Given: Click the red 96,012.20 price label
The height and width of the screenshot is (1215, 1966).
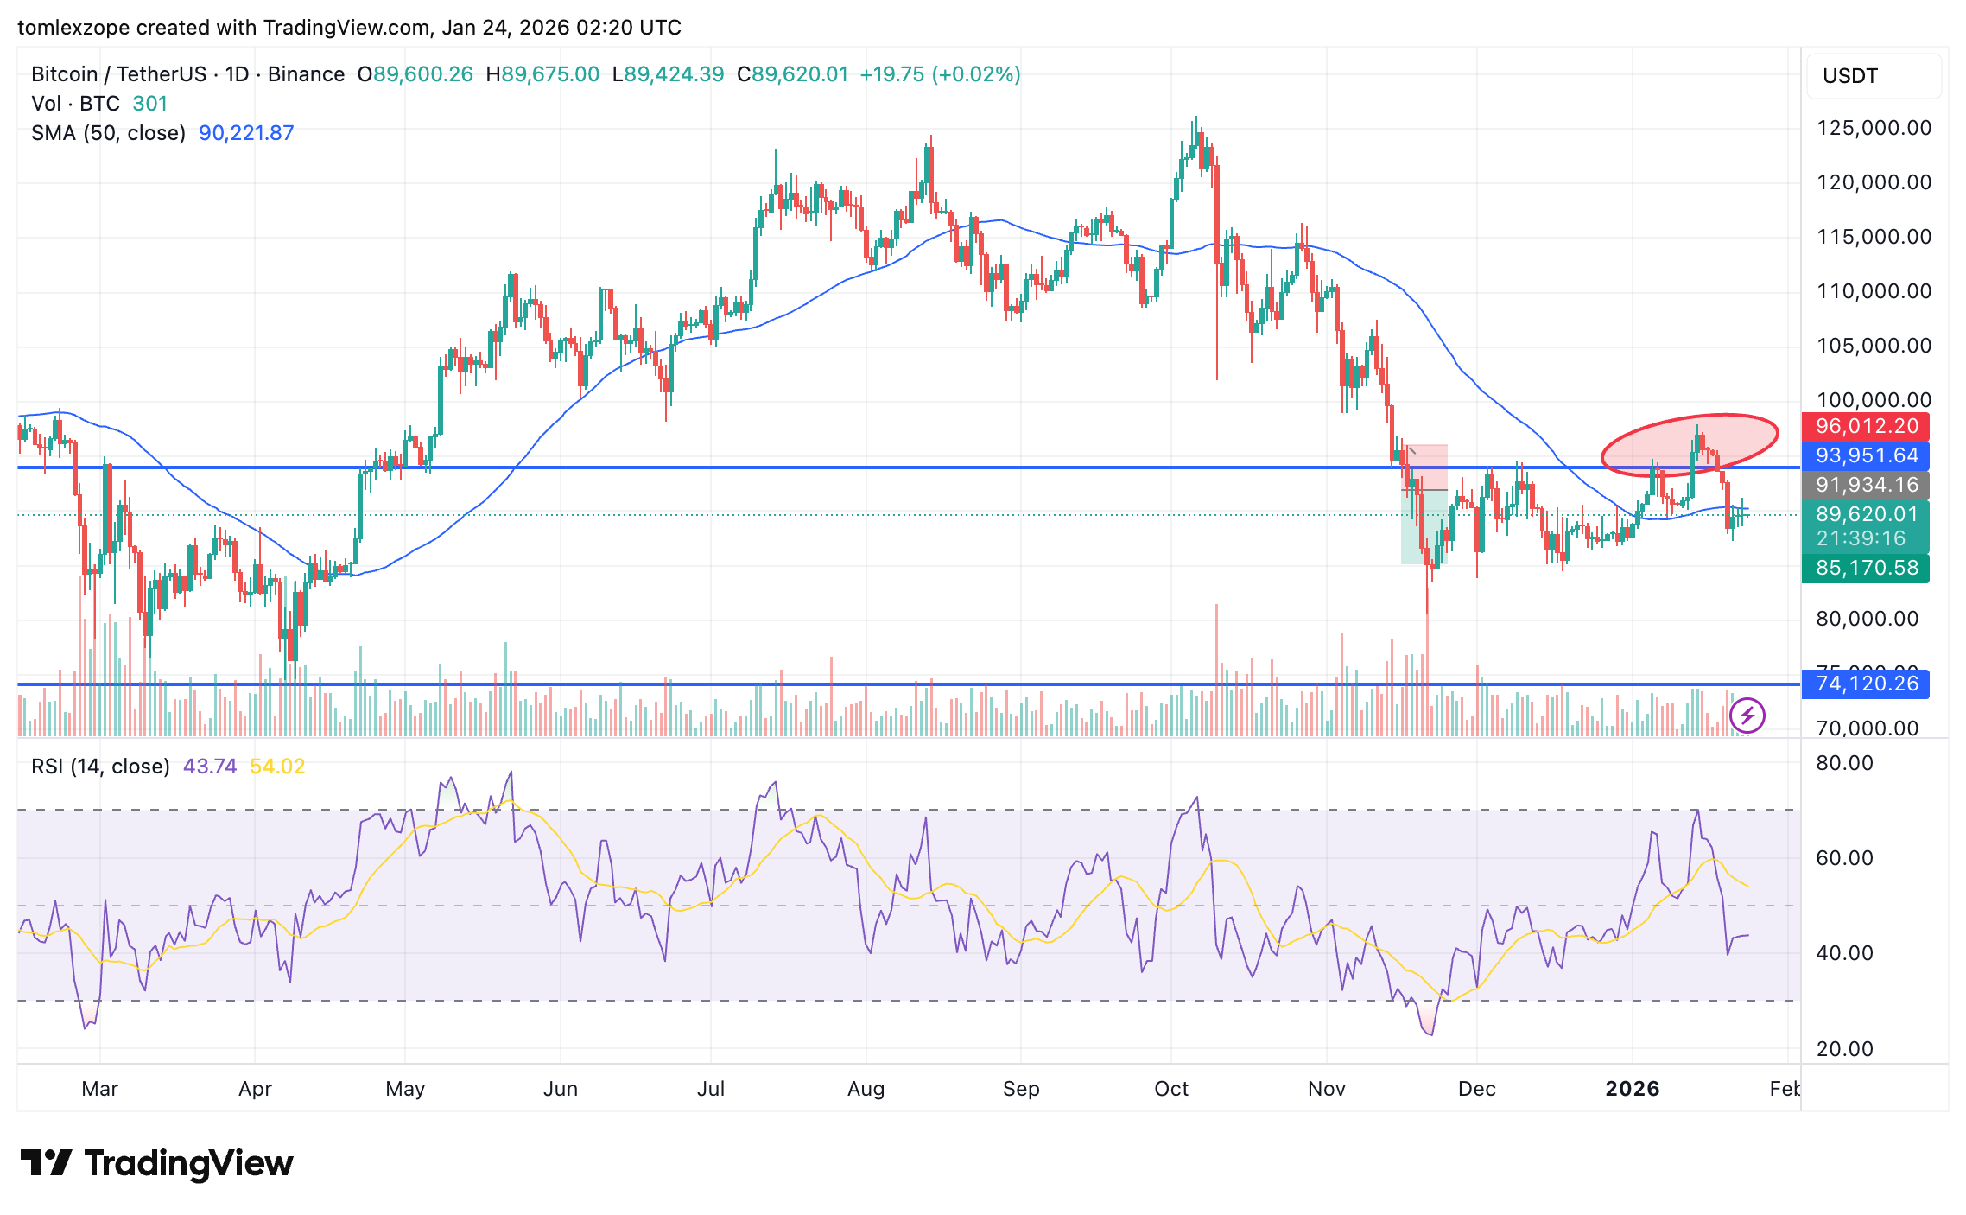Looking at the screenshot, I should [x=1866, y=426].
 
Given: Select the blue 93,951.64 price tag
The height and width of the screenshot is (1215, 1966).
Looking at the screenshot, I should [x=1866, y=455].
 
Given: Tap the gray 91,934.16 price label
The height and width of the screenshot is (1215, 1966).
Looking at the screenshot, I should [x=1866, y=485].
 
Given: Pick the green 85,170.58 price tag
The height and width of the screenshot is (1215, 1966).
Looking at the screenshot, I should [x=1866, y=568].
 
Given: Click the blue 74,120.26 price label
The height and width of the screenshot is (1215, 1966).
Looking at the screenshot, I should [x=1866, y=684].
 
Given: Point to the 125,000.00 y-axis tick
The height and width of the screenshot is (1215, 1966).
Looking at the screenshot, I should [x=1874, y=128].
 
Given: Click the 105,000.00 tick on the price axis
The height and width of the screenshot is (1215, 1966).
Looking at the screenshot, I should [x=1874, y=346].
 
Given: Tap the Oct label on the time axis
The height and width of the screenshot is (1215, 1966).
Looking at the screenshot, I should [x=1171, y=1089].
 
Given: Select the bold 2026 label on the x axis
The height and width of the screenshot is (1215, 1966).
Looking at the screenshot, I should [x=1632, y=1089].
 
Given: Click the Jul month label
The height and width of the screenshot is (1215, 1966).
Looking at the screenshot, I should [x=710, y=1089].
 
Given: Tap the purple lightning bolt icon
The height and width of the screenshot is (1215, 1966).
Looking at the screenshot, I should [x=1747, y=716].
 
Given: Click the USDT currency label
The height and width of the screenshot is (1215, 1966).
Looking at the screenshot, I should [x=1849, y=76].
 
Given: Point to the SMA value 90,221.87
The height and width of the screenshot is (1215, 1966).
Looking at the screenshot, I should [x=246, y=133].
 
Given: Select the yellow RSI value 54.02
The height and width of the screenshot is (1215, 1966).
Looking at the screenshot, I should [x=277, y=767].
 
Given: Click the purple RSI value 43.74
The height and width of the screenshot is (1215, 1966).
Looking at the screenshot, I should [x=210, y=767].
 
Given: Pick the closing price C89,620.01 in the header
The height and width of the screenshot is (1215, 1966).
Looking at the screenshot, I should [x=792, y=74].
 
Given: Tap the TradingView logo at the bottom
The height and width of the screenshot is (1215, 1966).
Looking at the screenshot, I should [x=157, y=1163].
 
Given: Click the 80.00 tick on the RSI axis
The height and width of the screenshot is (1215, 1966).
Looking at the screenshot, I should [x=1844, y=763].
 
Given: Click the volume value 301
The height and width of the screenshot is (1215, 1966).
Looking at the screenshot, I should [x=150, y=104].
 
